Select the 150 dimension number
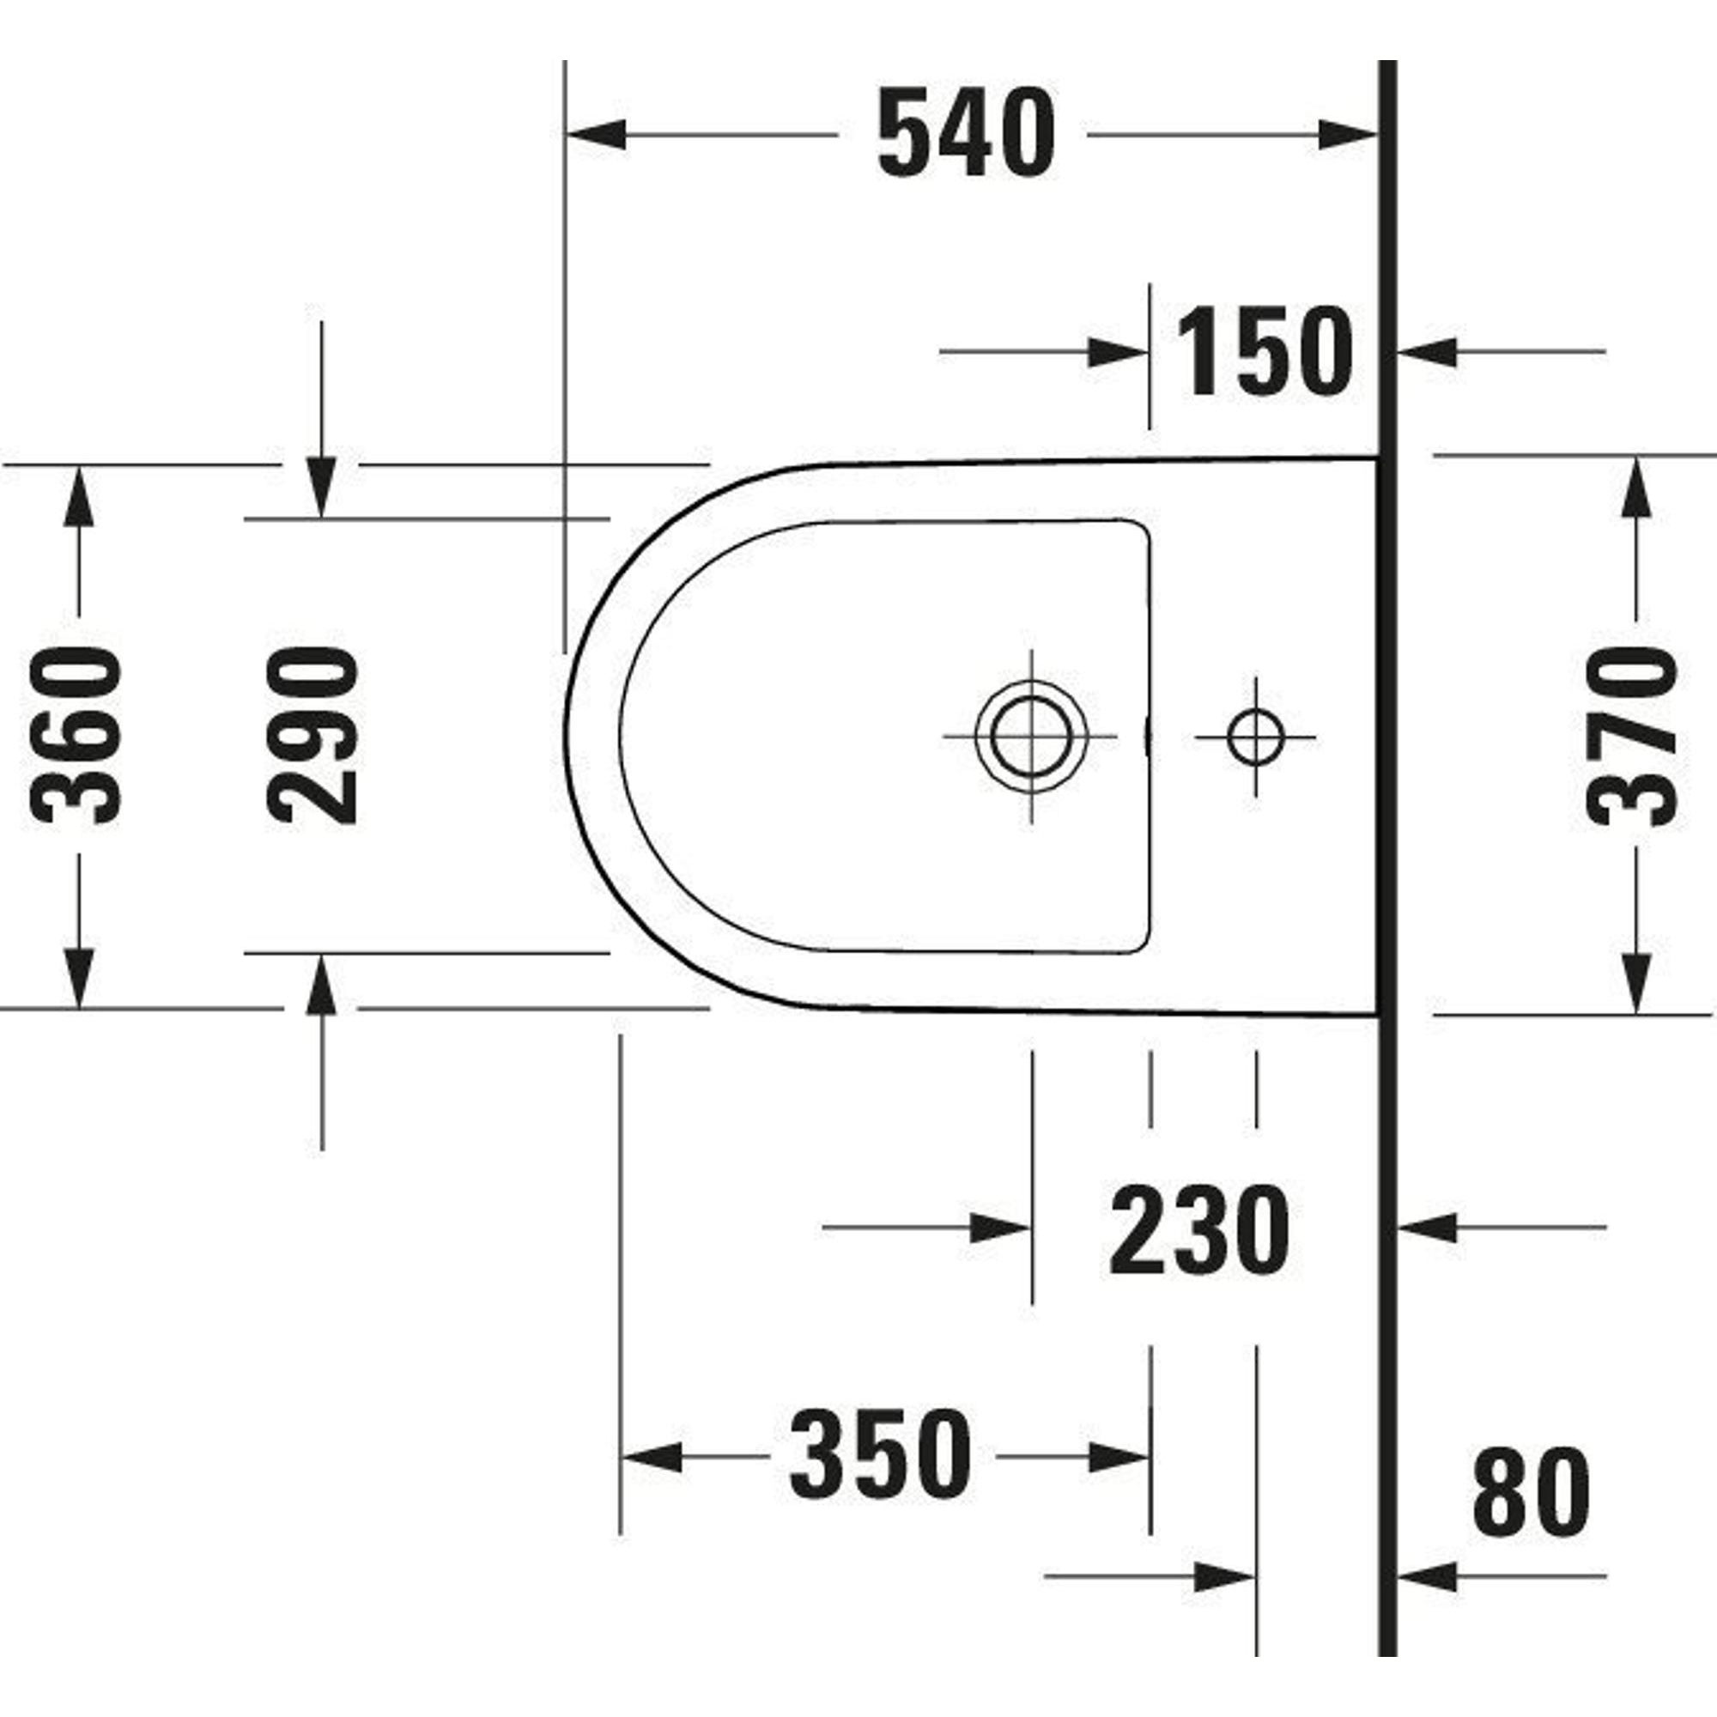click(1265, 352)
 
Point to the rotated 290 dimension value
click(312, 735)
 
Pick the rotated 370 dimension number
click(1633, 737)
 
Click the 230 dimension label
click(1198, 1230)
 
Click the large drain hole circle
click(1031, 737)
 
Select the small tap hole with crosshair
click(1256, 737)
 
